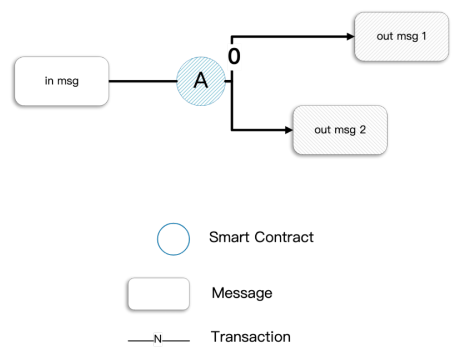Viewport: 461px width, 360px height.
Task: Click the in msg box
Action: [x=61, y=81]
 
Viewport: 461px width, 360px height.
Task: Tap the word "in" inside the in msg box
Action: [x=49, y=81]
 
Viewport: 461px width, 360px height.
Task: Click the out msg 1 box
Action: [x=401, y=37]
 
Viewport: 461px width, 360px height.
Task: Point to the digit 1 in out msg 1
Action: [x=424, y=37]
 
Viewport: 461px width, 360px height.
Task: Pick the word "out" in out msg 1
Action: [x=385, y=37]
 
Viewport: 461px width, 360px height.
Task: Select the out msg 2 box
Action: [x=340, y=130]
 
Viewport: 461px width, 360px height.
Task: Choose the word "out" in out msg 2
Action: [x=323, y=130]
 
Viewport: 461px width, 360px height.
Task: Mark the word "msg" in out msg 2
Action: [x=344, y=131]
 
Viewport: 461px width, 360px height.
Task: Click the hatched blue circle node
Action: [x=201, y=81]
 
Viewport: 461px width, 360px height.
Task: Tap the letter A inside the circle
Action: [x=200, y=81]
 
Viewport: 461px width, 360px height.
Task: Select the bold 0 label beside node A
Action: [x=234, y=57]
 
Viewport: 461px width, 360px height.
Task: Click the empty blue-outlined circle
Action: [x=174, y=239]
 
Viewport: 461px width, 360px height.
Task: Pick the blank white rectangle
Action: [x=158, y=294]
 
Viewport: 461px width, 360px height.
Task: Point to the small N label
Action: [x=158, y=339]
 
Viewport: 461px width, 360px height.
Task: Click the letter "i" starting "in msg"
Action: [x=46, y=81]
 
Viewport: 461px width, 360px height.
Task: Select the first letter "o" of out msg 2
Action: [x=318, y=131]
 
